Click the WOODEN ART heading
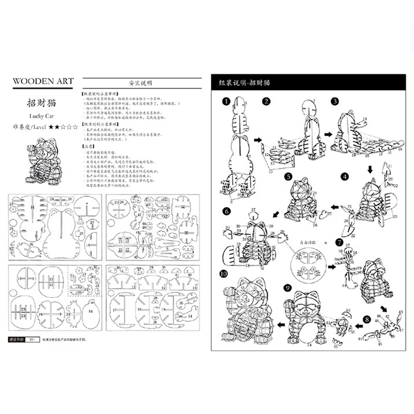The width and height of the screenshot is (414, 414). tap(43, 81)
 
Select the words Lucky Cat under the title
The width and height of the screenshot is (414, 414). tap(42, 116)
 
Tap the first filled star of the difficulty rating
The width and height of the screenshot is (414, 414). tap(51, 127)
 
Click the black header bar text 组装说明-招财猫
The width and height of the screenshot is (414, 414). tap(244, 83)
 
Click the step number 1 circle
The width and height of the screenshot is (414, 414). tap(225, 101)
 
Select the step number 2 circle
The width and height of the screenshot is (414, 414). tap(267, 101)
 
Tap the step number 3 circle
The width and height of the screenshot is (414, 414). tap(335, 101)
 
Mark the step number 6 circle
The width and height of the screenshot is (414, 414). tap(226, 211)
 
